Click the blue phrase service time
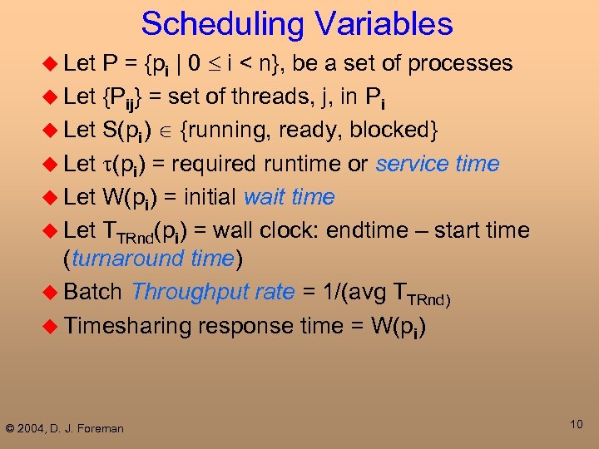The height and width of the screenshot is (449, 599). click(x=438, y=164)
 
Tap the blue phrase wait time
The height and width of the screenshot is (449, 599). click(x=289, y=197)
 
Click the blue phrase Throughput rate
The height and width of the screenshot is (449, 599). click(x=213, y=292)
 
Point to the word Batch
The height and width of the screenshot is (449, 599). click(x=93, y=292)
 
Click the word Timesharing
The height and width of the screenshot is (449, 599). click(x=127, y=325)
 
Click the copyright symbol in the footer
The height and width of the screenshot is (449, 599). click(x=10, y=428)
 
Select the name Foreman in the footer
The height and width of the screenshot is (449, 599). click(x=99, y=428)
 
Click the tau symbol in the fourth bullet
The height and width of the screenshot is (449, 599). click(x=106, y=165)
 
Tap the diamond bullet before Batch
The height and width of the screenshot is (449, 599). click(x=51, y=292)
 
